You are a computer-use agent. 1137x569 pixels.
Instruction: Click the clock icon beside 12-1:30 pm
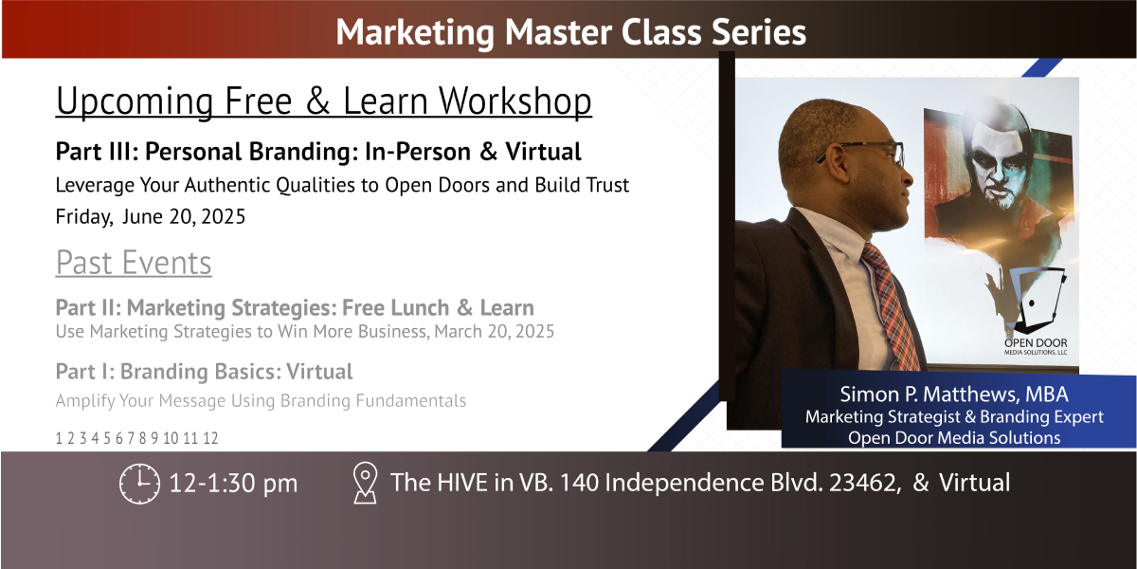pyautogui.click(x=139, y=483)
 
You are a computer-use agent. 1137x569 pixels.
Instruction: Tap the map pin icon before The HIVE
pyautogui.click(x=365, y=483)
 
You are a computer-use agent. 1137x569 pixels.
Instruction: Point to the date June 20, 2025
pyautogui.click(x=184, y=217)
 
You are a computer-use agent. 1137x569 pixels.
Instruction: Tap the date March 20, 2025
pyautogui.click(x=495, y=331)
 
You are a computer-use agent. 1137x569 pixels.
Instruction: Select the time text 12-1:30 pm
pyautogui.click(x=233, y=483)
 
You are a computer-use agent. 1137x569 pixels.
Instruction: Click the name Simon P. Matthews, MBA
pyautogui.click(x=954, y=395)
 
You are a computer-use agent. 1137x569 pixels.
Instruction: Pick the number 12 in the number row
pyautogui.click(x=210, y=438)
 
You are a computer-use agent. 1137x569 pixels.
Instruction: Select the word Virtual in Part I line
pyautogui.click(x=320, y=372)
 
